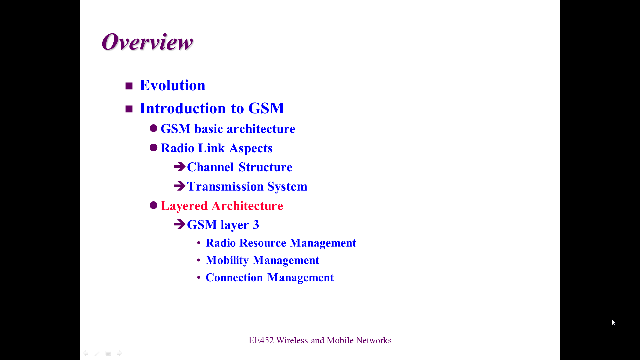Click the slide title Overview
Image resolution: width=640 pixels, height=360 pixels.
pos(147,42)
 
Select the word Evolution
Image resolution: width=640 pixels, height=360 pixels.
pos(172,85)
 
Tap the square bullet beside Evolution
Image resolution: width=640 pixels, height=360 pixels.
pos(129,86)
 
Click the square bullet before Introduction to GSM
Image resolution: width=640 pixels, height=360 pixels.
pos(129,109)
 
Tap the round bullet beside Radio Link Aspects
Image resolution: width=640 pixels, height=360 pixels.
pos(153,147)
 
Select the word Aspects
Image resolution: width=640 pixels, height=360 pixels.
pos(251,149)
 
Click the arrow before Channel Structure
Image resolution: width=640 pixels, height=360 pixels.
pos(179,166)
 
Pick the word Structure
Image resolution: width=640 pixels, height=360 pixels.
pos(265,167)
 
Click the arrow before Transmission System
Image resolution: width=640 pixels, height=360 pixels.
pos(179,186)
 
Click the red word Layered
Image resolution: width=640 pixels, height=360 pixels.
pos(184,206)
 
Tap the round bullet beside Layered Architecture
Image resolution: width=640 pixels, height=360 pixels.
pos(153,205)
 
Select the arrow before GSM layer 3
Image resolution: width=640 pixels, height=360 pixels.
pos(179,224)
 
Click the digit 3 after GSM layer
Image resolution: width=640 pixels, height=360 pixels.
pos(256,225)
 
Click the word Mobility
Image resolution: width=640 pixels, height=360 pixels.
pos(227,260)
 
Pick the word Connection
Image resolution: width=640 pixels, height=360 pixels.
pos(234,278)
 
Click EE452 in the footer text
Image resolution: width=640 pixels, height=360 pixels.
pos(261,340)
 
